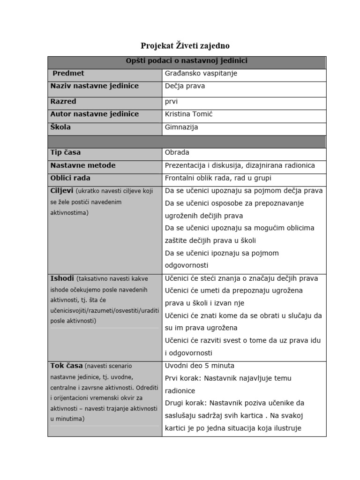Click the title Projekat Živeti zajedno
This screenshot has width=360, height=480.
(x=185, y=46)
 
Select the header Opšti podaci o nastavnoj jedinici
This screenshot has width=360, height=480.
(x=187, y=61)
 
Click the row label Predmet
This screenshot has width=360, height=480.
(x=68, y=74)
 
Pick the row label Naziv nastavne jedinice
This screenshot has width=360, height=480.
(x=94, y=86)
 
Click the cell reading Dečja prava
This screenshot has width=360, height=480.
(x=185, y=86)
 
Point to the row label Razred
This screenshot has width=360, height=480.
(x=63, y=102)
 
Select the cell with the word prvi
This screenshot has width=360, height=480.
(x=171, y=102)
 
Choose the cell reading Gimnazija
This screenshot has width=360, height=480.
(x=181, y=127)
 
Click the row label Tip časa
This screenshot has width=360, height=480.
(x=65, y=153)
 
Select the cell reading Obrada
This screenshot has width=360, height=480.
(x=177, y=153)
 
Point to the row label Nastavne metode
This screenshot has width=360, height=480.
(x=82, y=165)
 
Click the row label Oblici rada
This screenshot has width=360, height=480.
(x=70, y=178)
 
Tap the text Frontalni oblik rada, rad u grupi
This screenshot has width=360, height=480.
(x=218, y=178)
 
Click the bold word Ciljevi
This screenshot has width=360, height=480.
(x=61, y=191)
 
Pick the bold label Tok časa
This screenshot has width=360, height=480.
(x=66, y=366)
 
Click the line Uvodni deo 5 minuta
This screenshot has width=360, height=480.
(x=200, y=366)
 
